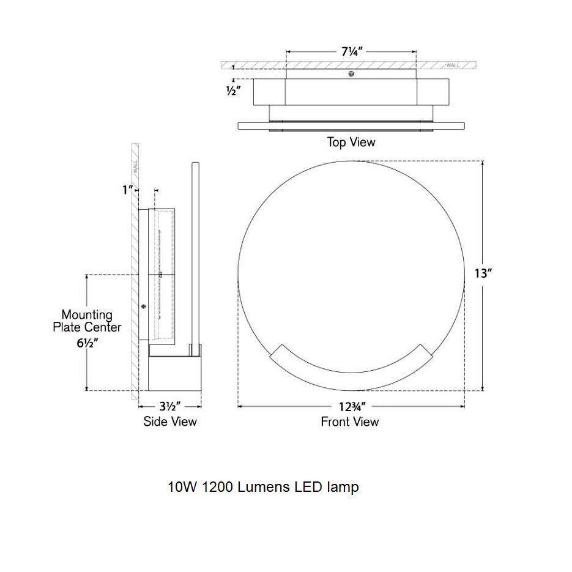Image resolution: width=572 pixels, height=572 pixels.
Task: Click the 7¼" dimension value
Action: [x=352, y=52]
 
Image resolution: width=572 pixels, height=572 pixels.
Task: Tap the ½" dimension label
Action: [x=234, y=90]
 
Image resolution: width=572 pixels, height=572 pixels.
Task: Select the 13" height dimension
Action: [x=483, y=273]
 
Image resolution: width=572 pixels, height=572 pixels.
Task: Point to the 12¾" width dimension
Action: [x=352, y=406]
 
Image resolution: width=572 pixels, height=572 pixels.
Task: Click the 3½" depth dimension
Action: [x=170, y=406]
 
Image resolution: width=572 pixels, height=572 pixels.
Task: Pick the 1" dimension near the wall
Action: [x=127, y=190]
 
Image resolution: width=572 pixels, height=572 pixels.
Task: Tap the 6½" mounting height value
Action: [x=87, y=343]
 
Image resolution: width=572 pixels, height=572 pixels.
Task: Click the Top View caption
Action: [x=351, y=142]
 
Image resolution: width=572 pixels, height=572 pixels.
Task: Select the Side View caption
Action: [x=170, y=422]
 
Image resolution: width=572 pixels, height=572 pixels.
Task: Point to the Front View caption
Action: [x=350, y=422]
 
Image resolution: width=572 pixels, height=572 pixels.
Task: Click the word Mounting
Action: [x=87, y=315]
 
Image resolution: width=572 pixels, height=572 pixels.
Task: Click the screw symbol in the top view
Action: [x=351, y=74]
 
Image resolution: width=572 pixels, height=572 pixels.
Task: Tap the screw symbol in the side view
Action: [x=144, y=306]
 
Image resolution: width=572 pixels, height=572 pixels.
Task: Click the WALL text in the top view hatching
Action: [x=453, y=65]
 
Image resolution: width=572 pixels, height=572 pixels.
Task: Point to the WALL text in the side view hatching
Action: [x=135, y=167]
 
